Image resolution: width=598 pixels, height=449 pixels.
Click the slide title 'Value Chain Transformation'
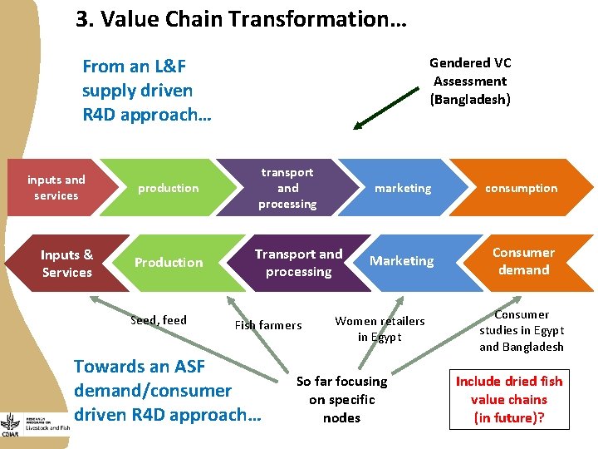(241, 19)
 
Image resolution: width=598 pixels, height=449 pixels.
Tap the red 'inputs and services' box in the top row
(56, 188)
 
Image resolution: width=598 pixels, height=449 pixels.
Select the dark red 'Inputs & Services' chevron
(66, 264)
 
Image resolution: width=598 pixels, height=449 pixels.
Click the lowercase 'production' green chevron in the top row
(168, 188)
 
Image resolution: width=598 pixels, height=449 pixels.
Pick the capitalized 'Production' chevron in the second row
(169, 263)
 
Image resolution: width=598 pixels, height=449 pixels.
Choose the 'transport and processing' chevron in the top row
(287, 188)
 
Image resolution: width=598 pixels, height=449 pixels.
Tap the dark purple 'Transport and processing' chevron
(298, 263)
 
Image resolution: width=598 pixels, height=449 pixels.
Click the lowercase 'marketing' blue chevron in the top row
(403, 188)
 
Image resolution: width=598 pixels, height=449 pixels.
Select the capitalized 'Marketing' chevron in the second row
(402, 261)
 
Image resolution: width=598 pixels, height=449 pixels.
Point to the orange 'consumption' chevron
(522, 188)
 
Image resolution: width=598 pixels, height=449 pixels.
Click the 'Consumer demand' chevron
(523, 261)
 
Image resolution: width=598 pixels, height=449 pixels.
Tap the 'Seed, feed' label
(159, 320)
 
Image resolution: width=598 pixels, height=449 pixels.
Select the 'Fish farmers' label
(268, 325)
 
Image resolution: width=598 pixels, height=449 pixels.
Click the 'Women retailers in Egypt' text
(380, 328)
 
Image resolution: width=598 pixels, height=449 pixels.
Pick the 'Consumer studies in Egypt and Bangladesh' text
(522, 330)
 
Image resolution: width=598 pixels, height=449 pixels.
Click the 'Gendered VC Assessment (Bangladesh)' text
(470, 81)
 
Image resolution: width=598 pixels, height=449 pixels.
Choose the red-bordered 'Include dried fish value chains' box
(509, 399)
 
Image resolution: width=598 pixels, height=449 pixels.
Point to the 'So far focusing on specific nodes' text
(341, 399)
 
